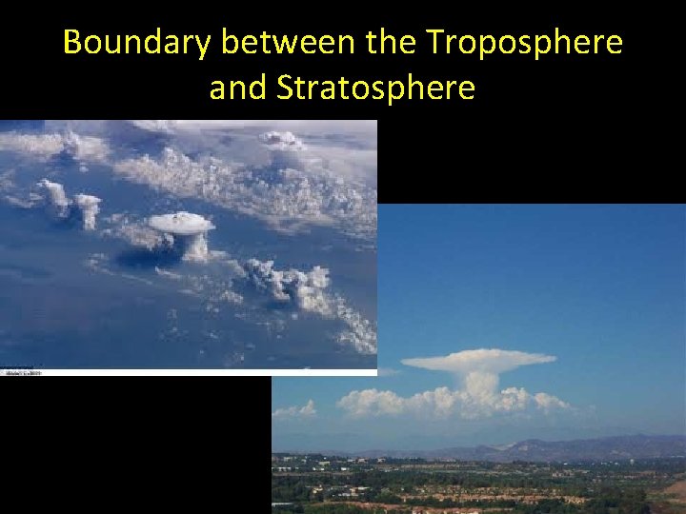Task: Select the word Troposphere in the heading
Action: (x=524, y=43)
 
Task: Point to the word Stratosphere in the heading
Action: (x=375, y=88)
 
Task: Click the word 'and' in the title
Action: (x=239, y=88)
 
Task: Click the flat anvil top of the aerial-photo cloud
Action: (x=181, y=223)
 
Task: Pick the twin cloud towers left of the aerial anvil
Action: (x=71, y=202)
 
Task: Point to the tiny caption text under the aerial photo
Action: (x=25, y=373)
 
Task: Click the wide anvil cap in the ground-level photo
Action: (x=478, y=361)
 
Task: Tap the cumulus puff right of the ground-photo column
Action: (x=548, y=401)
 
